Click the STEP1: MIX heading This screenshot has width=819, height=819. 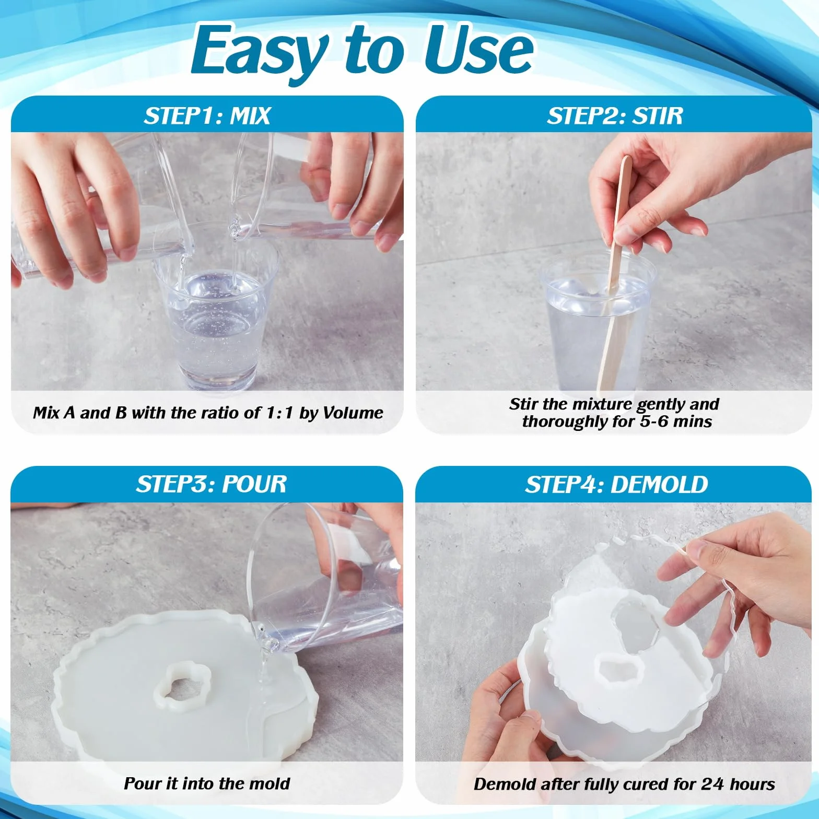[207, 116]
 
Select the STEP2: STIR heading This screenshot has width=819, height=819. [615, 116]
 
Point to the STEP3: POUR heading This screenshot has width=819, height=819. [212, 484]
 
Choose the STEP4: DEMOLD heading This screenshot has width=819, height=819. [616, 485]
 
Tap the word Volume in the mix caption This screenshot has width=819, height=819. [353, 413]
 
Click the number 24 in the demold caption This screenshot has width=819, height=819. [712, 784]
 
